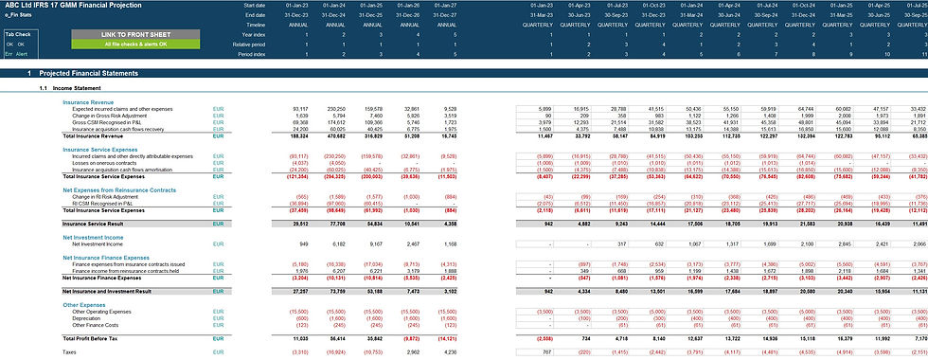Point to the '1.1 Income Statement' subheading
pos(75,88)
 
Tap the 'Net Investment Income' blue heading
pos(91,237)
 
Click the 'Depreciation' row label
pos(89,318)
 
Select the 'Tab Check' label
pos(17,34)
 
